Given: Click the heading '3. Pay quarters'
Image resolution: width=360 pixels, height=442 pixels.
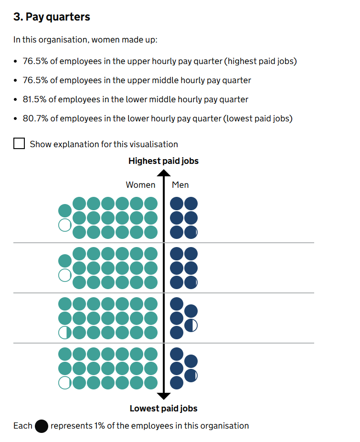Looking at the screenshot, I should coord(52,17).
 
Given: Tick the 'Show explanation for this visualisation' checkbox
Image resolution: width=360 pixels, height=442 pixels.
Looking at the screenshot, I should coord(19,144).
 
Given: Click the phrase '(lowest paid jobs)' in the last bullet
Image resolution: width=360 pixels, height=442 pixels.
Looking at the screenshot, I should coord(258,119).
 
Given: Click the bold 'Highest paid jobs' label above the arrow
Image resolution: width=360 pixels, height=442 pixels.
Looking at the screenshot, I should coord(163,161).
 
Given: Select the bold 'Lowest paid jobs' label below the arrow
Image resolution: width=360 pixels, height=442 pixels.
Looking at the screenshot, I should coord(163,409).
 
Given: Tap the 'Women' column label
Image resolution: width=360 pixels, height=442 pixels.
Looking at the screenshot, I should coord(140,185).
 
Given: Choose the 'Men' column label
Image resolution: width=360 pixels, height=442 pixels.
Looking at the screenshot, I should coord(180,185).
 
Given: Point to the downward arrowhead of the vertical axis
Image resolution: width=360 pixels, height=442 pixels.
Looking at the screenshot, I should coord(164,395).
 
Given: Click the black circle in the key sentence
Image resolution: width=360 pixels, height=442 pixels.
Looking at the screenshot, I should coord(42,426).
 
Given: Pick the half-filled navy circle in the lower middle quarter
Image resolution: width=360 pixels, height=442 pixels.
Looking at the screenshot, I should coord(191,325).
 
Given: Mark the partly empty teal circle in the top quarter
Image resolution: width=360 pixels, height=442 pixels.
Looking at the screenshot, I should coord(64,225).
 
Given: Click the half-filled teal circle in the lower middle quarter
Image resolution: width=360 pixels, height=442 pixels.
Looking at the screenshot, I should coord(64,332).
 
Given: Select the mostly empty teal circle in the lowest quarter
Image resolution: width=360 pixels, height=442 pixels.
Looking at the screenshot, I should coord(64,382).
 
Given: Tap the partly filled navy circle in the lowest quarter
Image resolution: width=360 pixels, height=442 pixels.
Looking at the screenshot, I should coord(191,376).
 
